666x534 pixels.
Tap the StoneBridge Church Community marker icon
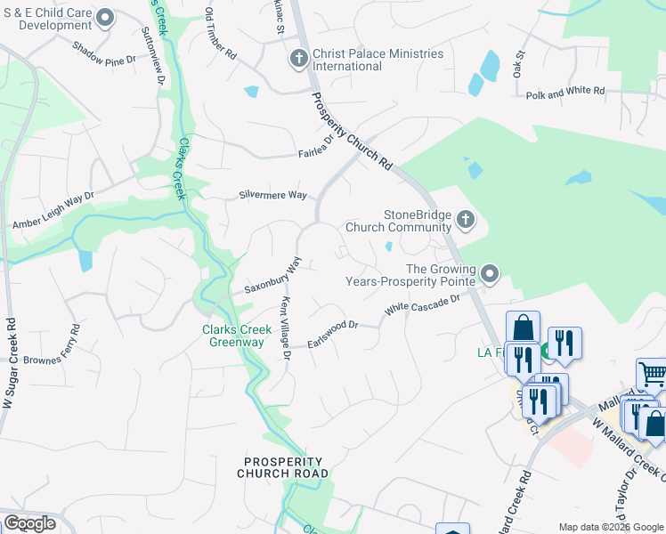pyautogui.click(x=465, y=219)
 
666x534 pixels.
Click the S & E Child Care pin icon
pyautogui.click(x=106, y=18)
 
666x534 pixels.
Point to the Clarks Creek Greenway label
pyautogui.click(x=231, y=336)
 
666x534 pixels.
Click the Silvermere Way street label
pyautogui.click(x=272, y=195)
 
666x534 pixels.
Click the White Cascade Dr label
pyautogui.click(x=421, y=304)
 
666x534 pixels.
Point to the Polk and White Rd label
pyautogui.click(x=564, y=93)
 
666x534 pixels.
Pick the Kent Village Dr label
pyautogui.click(x=286, y=328)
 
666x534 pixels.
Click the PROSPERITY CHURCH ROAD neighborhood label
pyautogui.click(x=282, y=467)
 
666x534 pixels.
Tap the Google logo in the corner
pyautogui.click(x=29, y=523)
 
